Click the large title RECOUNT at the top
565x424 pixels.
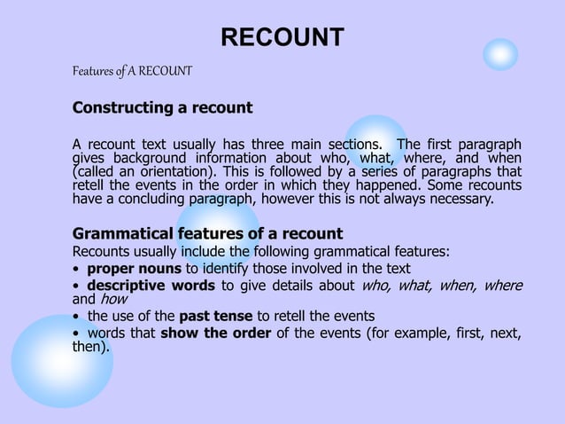[282, 37]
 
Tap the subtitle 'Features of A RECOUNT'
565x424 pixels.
[132, 70]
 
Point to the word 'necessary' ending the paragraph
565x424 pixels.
[461, 200]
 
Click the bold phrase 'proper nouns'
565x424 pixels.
[134, 269]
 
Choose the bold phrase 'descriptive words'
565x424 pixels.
[151, 286]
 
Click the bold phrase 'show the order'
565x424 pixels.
[215, 333]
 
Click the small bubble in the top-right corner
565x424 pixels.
[500, 54]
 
